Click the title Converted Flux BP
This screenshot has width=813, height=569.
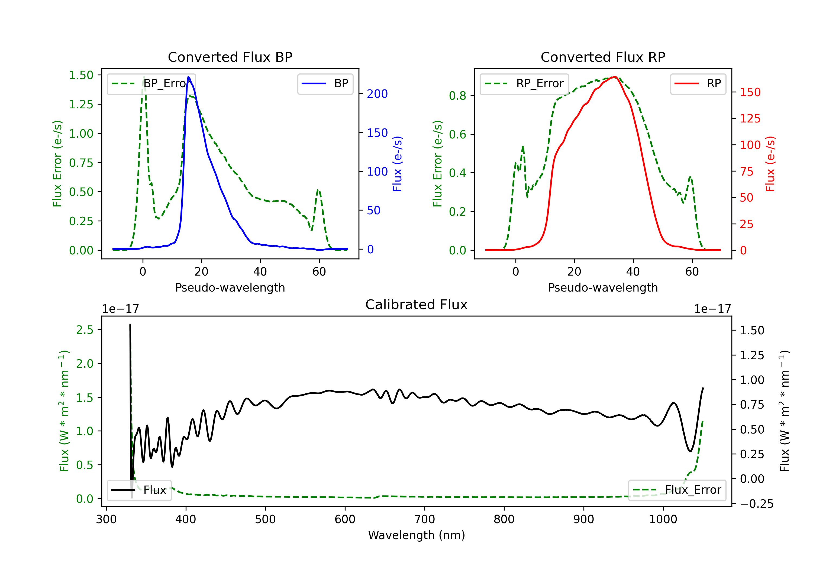[230, 57]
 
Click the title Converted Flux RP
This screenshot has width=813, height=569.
[603, 57]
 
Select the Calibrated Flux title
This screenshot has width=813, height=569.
[417, 305]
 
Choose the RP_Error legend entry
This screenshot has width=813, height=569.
[524, 83]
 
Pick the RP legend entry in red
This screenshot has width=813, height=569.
[698, 83]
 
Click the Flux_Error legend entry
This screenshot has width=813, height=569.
[677, 490]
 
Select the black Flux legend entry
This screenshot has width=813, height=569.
[139, 490]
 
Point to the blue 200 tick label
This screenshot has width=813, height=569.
[377, 94]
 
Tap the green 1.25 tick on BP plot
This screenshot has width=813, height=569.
[81, 105]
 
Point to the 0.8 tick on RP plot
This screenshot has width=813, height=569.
[457, 96]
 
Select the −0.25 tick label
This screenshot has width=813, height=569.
[757, 504]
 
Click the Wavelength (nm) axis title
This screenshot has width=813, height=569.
[417, 535]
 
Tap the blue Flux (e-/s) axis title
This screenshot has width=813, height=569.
[397, 164]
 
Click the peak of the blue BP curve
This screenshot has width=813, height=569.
[188, 77]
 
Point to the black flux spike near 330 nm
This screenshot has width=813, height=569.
[130, 324]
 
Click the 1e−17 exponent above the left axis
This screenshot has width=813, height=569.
[120, 309]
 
